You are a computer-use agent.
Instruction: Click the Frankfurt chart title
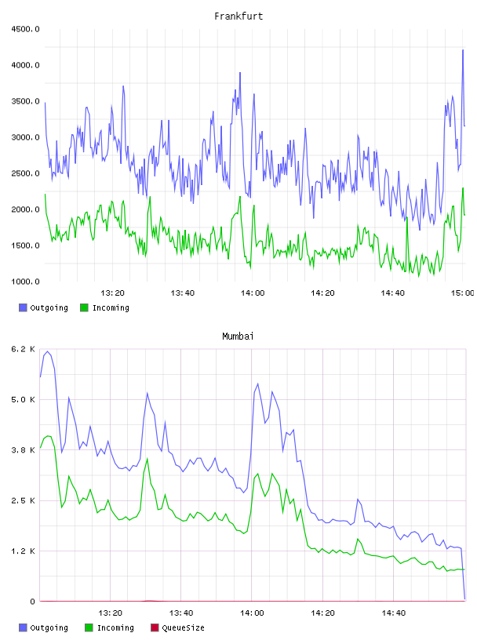pyautogui.click(x=238, y=16)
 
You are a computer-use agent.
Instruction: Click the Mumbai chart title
pyautogui.click(x=238, y=336)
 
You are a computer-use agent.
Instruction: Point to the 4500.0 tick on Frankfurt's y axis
pyautogui.click(x=25, y=29)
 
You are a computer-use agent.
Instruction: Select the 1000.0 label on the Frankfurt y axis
pyautogui.click(x=25, y=282)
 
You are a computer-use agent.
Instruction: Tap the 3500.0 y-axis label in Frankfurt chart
pyautogui.click(x=25, y=101)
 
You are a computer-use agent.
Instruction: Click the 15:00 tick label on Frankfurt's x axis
pyautogui.click(x=462, y=293)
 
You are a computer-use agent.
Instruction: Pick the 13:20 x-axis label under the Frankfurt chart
pyautogui.click(x=112, y=293)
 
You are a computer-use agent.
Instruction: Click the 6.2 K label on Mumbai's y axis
pyautogui.click(x=24, y=349)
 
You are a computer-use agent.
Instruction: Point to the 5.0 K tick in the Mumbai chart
pyautogui.click(x=24, y=399)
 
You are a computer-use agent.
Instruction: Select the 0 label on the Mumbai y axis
pyautogui.click(x=33, y=602)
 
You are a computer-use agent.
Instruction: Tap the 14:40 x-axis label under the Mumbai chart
pyautogui.click(x=394, y=613)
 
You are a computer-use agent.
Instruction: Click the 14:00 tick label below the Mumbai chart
pyautogui.click(x=252, y=613)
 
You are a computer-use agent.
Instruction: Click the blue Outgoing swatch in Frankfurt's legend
pyautogui.click(x=23, y=307)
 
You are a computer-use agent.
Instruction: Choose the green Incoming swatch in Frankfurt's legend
pyautogui.click(x=84, y=307)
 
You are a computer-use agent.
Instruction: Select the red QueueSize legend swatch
pyautogui.click(x=155, y=627)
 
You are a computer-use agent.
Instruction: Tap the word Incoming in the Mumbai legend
pyautogui.click(x=115, y=627)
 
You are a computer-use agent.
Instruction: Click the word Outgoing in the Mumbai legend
pyautogui.click(x=49, y=627)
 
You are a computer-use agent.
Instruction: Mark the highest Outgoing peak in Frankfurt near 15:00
pyautogui.click(x=463, y=49)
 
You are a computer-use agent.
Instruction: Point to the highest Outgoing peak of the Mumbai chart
pyautogui.click(x=47, y=351)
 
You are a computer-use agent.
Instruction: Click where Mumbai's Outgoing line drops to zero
pyautogui.click(x=464, y=599)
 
